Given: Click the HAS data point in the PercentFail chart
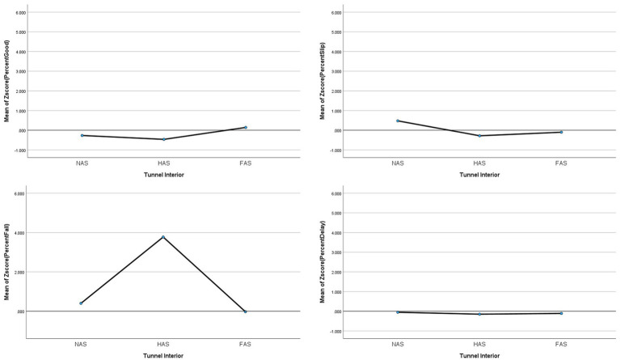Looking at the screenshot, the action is click(x=163, y=237).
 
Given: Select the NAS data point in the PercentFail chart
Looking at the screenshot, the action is click(x=81, y=303).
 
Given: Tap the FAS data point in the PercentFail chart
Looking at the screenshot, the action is click(x=245, y=311).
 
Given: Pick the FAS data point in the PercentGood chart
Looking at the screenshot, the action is click(x=246, y=127).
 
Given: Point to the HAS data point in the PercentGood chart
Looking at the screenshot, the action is click(x=164, y=139).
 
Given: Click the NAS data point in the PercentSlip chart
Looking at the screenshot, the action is click(x=398, y=121).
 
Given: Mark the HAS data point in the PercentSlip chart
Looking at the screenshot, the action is click(x=479, y=136).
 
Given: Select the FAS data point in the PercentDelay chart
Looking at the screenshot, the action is click(x=561, y=313).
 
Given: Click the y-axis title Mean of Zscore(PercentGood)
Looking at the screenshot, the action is click(x=6, y=81).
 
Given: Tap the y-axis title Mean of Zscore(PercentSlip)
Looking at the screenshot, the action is click(x=323, y=81).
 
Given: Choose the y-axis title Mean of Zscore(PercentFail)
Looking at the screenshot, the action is click(x=6, y=262).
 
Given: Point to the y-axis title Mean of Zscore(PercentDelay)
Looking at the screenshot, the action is click(x=323, y=262).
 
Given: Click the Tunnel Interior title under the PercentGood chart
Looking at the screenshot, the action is click(x=164, y=175).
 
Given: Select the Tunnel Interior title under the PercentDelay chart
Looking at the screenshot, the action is click(x=479, y=356).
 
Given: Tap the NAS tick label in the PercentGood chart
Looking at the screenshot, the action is click(x=82, y=163).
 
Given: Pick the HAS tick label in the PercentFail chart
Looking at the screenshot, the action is click(x=163, y=344).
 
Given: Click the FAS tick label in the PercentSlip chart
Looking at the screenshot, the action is click(x=561, y=163).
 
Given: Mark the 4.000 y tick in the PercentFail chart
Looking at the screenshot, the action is click(x=20, y=233).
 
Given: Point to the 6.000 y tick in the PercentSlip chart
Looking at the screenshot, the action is click(x=335, y=13).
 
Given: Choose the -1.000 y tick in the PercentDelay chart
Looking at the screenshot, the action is click(x=335, y=332).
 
